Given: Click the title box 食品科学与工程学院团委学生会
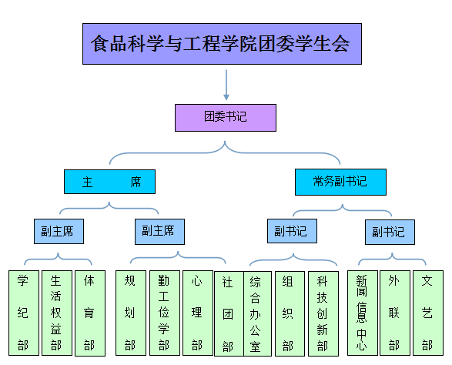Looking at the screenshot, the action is click(x=222, y=44).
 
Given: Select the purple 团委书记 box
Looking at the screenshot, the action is click(x=226, y=118).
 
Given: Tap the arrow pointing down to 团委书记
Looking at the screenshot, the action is click(x=226, y=85).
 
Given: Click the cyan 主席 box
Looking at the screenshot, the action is click(x=109, y=182).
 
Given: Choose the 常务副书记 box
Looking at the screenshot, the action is click(x=340, y=182).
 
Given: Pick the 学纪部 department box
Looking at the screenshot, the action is click(x=24, y=313).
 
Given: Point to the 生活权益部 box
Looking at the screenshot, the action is click(x=57, y=313).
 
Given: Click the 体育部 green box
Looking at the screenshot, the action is click(x=90, y=313).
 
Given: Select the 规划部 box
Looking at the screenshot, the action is click(x=131, y=313).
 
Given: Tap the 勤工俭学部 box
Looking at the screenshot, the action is click(x=165, y=313).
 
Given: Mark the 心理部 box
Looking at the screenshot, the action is click(x=198, y=313).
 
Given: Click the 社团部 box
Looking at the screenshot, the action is click(x=229, y=313).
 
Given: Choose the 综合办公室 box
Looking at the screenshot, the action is click(x=257, y=313).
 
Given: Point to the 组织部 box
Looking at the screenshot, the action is click(x=290, y=313).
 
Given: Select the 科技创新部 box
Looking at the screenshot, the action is click(x=323, y=313).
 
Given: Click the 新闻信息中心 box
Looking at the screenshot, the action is click(x=363, y=313).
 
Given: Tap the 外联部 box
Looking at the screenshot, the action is click(x=395, y=313).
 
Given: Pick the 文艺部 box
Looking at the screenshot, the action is click(x=428, y=313).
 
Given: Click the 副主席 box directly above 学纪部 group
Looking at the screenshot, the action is click(x=59, y=231).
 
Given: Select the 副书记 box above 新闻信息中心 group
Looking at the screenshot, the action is click(x=390, y=232).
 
